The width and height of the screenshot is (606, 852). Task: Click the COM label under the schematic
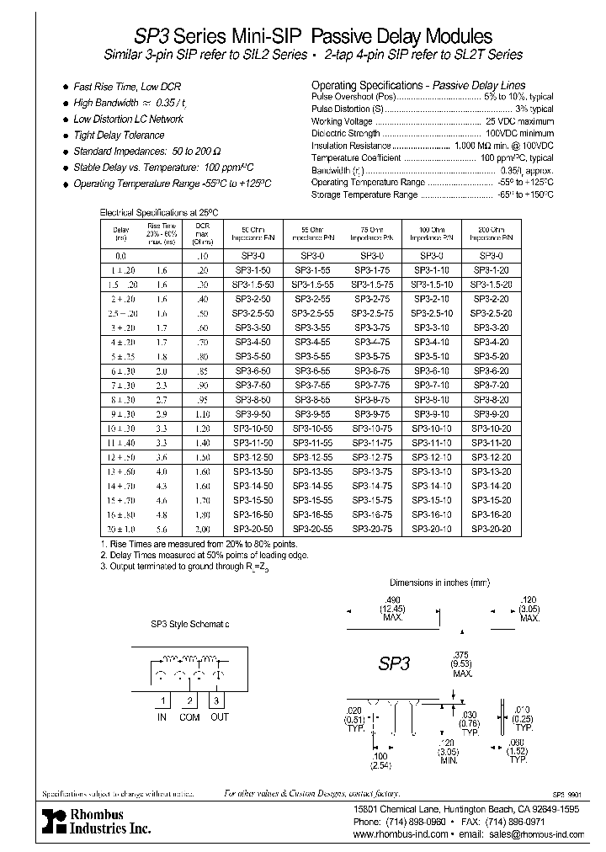pyautogui.click(x=190, y=717)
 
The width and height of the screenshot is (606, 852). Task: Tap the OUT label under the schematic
pyautogui.click(x=221, y=717)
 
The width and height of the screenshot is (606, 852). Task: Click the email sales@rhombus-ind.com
pyautogui.click(x=536, y=833)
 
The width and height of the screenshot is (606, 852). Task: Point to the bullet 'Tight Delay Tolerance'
pyautogui.click(x=118, y=135)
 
